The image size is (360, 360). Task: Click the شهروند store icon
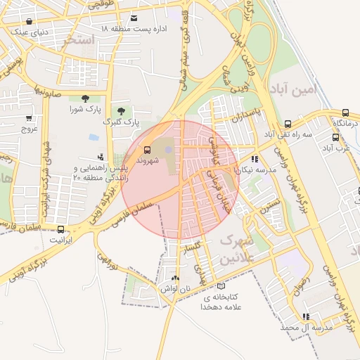pyautogui.click(x=147, y=150)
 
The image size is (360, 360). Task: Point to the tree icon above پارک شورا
pyautogui.click(x=85, y=98)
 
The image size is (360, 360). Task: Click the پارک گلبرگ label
pyautogui.click(x=117, y=122)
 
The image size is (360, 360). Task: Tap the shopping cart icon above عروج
pyautogui.click(x=29, y=118)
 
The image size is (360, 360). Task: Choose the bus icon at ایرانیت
pyautogui.click(x=61, y=229)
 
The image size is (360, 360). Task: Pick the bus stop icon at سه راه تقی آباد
pyautogui.click(x=287, y=124)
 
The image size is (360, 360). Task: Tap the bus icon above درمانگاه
pyautogui.click(x=345, y=112)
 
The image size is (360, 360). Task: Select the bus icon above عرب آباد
pyautogui.click(x=335, y=138)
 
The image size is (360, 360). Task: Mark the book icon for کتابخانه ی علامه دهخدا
pyautogui.click(x=221, y=287)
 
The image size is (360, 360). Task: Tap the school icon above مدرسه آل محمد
pyautogui.click(x=305, y=317)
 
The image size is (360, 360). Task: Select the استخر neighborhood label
pyautogui.click(x=78, y=40)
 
